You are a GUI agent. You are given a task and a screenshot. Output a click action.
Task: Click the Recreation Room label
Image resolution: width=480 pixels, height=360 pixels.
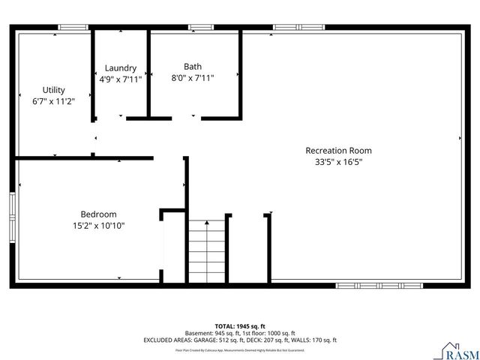[x=338, y=150]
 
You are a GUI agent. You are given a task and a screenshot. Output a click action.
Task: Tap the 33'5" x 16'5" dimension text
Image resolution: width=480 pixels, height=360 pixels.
[x=338, y=161]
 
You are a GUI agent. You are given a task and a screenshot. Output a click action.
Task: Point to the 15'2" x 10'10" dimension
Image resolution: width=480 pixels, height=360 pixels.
[x=97, y=225]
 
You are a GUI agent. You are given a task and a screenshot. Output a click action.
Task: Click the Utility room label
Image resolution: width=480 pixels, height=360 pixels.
[x=53, y=90]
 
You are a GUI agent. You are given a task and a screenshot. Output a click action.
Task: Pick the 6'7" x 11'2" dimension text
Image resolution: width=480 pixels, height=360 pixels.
[x=53, y=100]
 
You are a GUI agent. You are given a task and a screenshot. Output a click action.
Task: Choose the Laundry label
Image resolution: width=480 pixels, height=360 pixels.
[x=120, y=67]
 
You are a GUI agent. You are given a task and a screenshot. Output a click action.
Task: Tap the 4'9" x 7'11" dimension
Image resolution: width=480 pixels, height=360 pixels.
[x=120, y=78]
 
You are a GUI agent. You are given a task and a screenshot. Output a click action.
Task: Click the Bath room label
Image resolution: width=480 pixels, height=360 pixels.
[x=193, y=66]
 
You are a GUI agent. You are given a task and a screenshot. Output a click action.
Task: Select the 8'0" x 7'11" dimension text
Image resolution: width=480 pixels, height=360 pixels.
[x=193, y=77]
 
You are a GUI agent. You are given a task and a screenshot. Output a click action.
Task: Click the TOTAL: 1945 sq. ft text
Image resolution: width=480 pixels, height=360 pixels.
[x=240, y=326]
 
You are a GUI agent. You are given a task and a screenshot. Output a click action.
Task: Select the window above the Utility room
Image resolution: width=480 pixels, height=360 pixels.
[x=73, y=28]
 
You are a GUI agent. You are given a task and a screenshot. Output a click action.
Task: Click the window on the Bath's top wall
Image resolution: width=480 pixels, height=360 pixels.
[x=200, y=28]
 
